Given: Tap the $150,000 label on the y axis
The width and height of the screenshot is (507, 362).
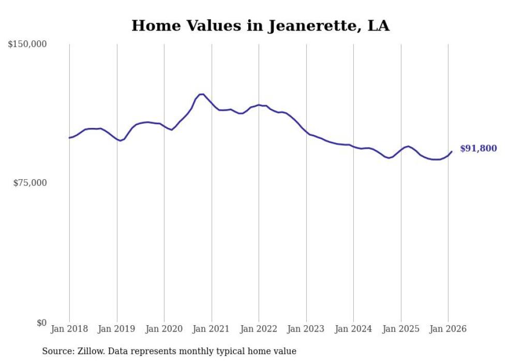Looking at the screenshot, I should point(27,45).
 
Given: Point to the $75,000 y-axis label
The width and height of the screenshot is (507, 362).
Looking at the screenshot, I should point(29,183).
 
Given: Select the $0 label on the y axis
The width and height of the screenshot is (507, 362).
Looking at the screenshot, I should point(41,323).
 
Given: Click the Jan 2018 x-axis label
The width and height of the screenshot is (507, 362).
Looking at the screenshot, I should point(69,329).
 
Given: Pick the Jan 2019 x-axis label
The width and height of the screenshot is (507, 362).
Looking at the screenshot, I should point(117,329).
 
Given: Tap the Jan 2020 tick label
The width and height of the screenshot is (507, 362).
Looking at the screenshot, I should point(164,329).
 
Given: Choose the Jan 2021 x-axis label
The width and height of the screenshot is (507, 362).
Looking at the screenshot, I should point(212,329).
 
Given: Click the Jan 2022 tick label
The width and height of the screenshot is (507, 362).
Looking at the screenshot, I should point(259,329).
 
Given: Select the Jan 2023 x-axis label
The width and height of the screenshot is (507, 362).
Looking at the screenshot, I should point(306,329).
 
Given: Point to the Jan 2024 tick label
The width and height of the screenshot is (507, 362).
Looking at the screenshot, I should point(353,329).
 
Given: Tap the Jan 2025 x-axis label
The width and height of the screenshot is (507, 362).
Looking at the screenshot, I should point(401,329).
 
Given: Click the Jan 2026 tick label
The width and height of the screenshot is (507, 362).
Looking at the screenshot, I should point(448,329).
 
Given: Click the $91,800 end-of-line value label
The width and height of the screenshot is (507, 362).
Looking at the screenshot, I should point(478,149).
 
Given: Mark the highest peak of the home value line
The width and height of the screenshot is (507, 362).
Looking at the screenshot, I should point(202,94).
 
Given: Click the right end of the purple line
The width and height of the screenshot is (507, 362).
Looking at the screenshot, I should point(452,151).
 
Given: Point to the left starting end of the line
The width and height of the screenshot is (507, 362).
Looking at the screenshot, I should point(69,138).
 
